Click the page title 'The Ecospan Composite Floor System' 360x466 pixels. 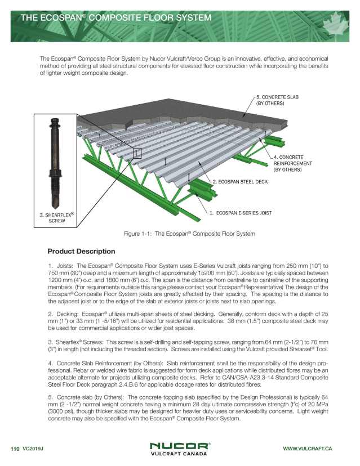[115, 17]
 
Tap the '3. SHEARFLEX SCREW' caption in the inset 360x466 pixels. [57, 218]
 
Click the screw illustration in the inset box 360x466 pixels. [56, 163]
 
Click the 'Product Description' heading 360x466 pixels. [81, 251]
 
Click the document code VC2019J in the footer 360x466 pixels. [33, 448]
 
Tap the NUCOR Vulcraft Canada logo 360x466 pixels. [180, 448]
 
